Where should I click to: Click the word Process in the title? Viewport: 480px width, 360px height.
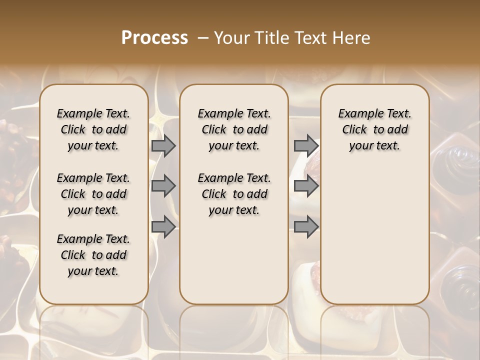(x=154, y=38)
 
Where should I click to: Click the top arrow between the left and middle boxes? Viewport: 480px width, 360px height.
(x=163, y=146)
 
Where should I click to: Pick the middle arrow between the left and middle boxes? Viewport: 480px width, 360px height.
(x=163, y=186)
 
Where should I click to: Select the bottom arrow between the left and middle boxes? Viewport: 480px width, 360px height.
(x=163, y=227)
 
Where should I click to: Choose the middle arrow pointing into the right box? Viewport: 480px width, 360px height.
(x=306, y=186)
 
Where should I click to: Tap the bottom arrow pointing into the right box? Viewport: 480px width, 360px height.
(x=306, y=227)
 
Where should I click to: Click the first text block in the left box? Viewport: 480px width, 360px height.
(x=93, y=129)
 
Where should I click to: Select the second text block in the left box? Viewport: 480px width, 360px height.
(x=93, y=194)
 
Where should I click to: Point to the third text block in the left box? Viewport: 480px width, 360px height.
(x=93, y=255)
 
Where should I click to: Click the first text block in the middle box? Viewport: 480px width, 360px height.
(x=234, y=129)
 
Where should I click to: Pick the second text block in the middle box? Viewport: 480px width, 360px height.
(x=234, y=194)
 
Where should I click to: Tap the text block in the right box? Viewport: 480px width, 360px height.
(x=374, y=129)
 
